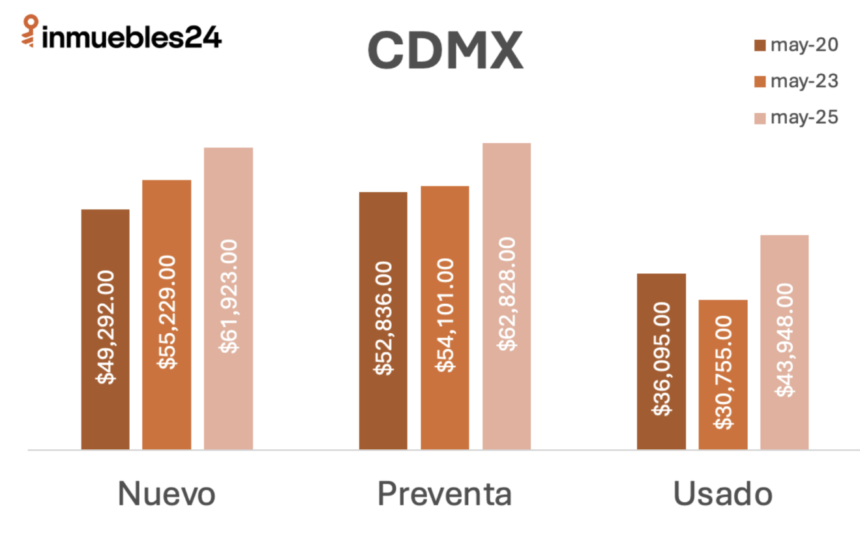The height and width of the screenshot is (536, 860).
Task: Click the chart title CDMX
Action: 445,50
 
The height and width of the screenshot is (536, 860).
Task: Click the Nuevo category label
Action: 166,494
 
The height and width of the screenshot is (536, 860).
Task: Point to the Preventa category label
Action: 445,494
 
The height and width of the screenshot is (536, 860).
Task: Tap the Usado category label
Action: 722,494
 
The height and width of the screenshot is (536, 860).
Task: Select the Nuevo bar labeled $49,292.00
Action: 105,329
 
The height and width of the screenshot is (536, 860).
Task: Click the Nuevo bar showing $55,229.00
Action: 167,314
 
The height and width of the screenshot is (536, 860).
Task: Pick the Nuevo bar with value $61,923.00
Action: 228,298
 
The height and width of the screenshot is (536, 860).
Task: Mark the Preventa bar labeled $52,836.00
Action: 383,321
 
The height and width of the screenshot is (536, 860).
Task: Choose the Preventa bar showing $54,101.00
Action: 445,318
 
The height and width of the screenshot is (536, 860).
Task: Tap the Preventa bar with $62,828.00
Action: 507,296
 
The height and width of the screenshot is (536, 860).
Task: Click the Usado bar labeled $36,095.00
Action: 661,361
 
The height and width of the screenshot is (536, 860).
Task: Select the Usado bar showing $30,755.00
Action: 722,374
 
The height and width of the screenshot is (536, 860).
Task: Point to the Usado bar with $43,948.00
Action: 784,342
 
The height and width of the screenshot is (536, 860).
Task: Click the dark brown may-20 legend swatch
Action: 760,46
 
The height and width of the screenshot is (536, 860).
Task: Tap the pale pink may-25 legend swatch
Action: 760,119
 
